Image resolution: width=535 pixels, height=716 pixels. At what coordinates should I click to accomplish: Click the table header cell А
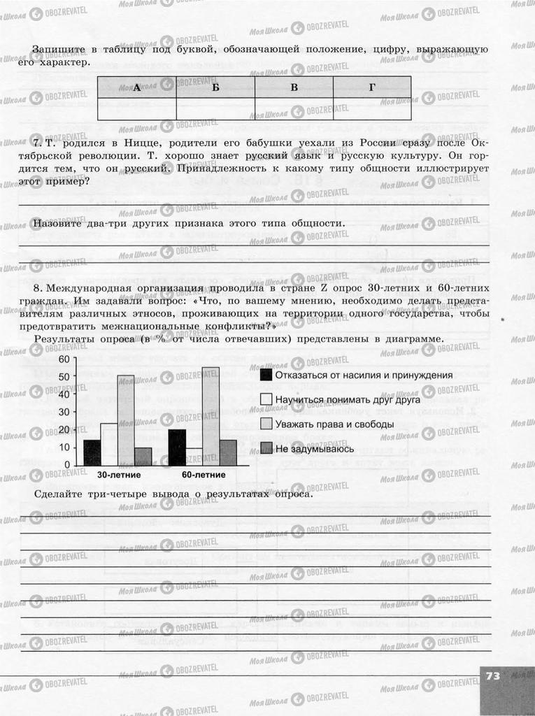tap(136, 87)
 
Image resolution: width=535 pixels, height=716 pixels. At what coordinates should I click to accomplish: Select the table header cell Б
tap(215, 87)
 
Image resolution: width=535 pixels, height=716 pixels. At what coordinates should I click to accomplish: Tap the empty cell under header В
tap(294, 109)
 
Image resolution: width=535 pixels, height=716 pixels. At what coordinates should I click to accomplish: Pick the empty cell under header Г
tap(372, 109)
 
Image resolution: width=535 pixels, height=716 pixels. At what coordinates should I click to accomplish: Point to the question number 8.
tap(37, 289)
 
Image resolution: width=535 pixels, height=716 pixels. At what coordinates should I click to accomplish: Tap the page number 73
tap(493, 675)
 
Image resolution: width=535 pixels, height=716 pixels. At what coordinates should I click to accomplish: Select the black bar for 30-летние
tap(92, 452)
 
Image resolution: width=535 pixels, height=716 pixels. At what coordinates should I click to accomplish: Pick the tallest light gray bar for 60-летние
tap(211, 417)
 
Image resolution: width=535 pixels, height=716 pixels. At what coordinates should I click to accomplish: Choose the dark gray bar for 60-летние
tap(228, 452)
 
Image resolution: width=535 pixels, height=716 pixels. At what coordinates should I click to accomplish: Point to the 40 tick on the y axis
tap(64, 394)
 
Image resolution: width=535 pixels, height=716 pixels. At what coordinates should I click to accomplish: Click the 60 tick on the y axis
tap(64, 359)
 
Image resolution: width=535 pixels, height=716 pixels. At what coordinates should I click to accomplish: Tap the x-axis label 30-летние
tap(118, 475)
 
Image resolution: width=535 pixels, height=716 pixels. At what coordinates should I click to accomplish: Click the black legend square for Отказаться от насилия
tap(266, 375)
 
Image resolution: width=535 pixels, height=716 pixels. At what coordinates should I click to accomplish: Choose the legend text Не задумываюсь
tap(314, 448)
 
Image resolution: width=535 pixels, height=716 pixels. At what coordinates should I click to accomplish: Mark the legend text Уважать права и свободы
tap(335, 424)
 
